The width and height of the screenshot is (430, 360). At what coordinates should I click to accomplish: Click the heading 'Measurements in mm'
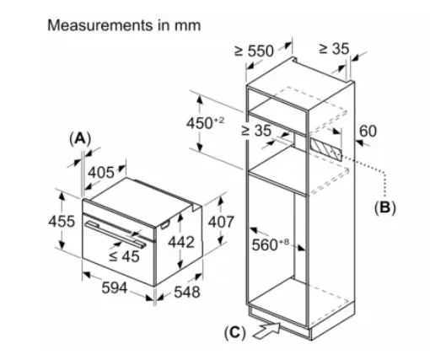pyautogui.click(x=124, y=25)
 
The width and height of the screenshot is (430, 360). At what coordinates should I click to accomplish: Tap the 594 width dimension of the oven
pyautogui.click(x=115, y=287)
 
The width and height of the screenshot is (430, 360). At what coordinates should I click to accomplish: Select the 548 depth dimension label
pyautogui.click(x=187, y=292)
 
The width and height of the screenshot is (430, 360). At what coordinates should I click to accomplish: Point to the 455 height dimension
pyautogui.click(x=62, y=221)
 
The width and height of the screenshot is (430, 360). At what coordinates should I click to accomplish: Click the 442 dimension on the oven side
pyautogui.click(x=181, y=242)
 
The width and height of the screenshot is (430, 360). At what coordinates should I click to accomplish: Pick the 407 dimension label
pyautogui.click(x=221, y=222)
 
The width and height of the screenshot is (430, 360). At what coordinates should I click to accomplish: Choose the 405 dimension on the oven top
pyautogui.click(x=101, y=172)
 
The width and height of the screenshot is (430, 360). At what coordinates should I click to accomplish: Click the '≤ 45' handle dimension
pyautogui.click(x=124, y=256)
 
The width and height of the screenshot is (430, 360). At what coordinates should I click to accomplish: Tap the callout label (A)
pyautogui.click(x=80, y=139)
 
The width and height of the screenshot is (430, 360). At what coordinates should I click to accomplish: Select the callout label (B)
pyautogui.click(x=385, y=208)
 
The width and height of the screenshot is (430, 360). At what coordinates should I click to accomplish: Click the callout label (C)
pyautogui.click(x=235, y=333)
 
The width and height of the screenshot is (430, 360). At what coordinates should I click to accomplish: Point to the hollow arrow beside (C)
pyautogui.click(x=267, y=330)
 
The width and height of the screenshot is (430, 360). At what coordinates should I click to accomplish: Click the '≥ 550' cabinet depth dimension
pyautogui.click(x=254, y=51)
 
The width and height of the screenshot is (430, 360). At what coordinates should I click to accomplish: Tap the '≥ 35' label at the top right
pyautogui.click(x=334, y=49)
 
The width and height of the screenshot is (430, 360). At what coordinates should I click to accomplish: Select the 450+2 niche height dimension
pyautogui.click(x=205, y=123)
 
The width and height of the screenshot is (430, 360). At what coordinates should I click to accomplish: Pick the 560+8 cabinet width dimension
pyautogui.click(x=270, y=244)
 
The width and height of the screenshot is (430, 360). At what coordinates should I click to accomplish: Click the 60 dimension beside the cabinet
pyautogui.click(x=368, y=132)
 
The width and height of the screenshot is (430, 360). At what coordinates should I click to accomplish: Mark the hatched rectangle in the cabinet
pyautogui.click(x=326, y=149)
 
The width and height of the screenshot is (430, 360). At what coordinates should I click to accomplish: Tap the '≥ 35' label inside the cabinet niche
pyautogui.click(x=256, y=131)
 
